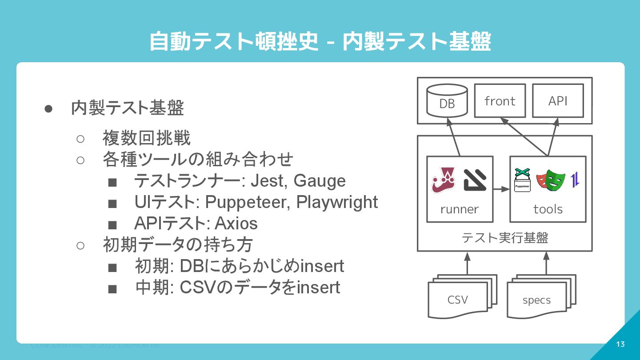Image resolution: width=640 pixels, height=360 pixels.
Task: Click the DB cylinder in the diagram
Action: pyautogui.click(x=447, y=100)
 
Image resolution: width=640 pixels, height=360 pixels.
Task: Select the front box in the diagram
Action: pyautogui.click(x=500, y=101)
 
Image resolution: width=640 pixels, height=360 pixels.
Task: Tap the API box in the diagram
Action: pyautogui.click(x=558, y=101)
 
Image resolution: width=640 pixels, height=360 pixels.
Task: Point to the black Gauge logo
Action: pyautogui.click(x=475, y=180)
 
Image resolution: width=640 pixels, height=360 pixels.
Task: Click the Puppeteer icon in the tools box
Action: pyautogui.click(x=522, y=180)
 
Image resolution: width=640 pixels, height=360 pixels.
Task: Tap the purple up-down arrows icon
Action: pyautogui.click(x=575, y=180)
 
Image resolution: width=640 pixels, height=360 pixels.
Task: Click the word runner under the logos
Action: pyautogui.click(x=460, y=209)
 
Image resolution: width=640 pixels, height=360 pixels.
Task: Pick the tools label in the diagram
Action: pyautogui.click(x=548, y=209)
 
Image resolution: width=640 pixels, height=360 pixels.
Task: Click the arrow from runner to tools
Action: pyautogui.click(x=501, y=189)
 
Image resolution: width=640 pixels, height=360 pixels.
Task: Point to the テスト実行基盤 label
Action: pyautogui.click(x=504, y=238)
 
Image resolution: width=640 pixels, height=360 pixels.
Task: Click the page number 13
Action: pyautogui.click(x=620, y=344)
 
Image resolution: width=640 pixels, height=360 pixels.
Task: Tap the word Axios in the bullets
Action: pyautogui.click(x=236, y=223)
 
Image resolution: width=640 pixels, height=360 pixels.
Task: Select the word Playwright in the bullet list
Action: pyautogui.click(x=337, y=202)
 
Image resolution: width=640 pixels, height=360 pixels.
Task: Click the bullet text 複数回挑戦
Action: pyautogui.click(x=147, y=138)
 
